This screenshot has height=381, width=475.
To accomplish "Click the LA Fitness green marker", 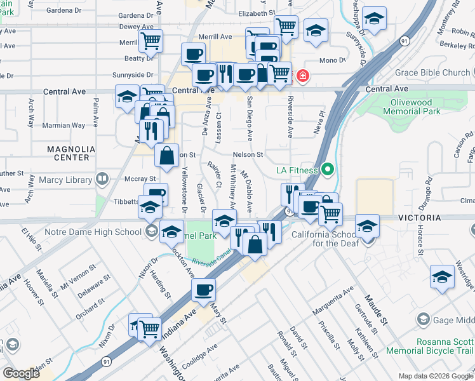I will pyautogui.click(x=328, y=170).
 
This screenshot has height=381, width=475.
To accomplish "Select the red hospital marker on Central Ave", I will pyautogui.click(x=303, y=77).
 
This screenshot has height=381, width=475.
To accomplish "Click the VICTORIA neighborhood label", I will pyautogui.click(x=419, y=218).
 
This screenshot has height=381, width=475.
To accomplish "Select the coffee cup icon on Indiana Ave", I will pyautogui.click(x=204, y=290).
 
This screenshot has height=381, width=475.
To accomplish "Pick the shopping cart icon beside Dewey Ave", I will pyautogui.click(x=151, y=41).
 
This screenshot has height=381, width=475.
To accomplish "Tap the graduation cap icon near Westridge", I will pyautogui.click(x=442, y=277).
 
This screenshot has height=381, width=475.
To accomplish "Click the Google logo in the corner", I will pyautogui.click(x=21, y=373).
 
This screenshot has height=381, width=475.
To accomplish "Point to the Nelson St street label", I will pyautogui.click(x=248, y=154).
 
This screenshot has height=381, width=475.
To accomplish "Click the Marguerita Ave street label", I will pyautogui.click(x=331, y=302).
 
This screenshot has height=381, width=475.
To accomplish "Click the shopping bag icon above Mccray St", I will pyautogui.click(x=166, y=155).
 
